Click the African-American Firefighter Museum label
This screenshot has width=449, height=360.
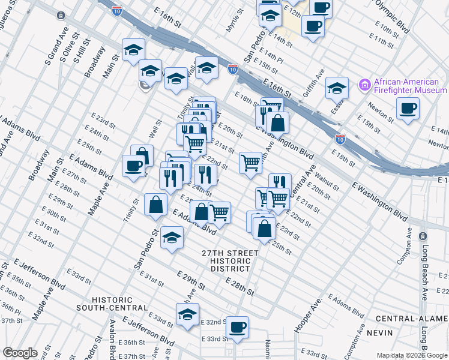(410, 86)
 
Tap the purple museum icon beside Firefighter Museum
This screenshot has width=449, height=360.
(364, 86)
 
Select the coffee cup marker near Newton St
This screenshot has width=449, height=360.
(408, 108)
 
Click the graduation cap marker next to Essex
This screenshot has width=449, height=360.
(337, 88)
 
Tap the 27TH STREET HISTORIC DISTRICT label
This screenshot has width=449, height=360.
(230, 262)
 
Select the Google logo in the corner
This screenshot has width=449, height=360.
(20, 353)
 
